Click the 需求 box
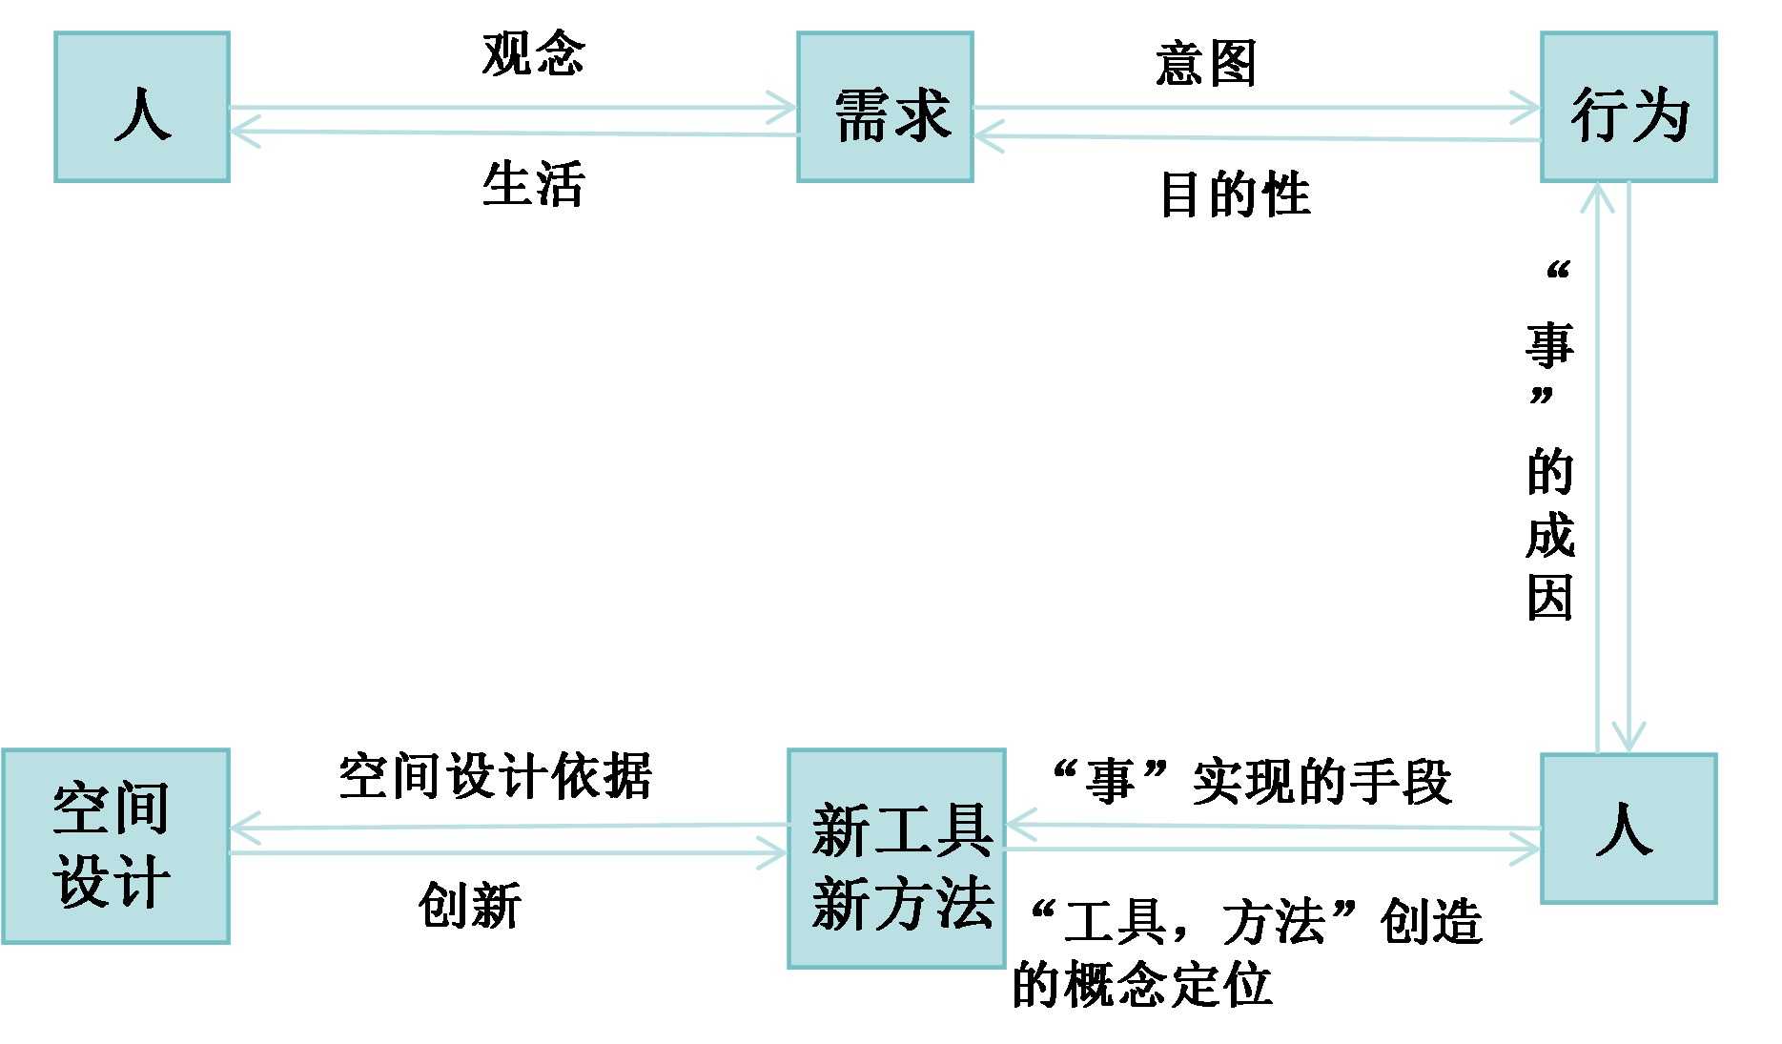coord(885,107)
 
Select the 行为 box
coord(1628,107)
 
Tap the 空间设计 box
coord(115,847)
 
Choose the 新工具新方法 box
coord(896,858)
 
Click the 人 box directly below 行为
coord(1628,828)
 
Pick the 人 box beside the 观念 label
coord(142,107)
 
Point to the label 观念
coord(533,53)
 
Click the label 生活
coord(533,183)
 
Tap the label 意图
coord(1205,65)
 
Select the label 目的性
coord(1235,194)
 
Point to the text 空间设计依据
coord(495,776)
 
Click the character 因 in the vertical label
coord(1549,599)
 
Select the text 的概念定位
coord(1141,984)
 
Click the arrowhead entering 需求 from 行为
coord(990,136)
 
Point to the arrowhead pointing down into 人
coord(1628,738)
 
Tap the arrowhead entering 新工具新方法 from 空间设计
coord(773,851)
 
